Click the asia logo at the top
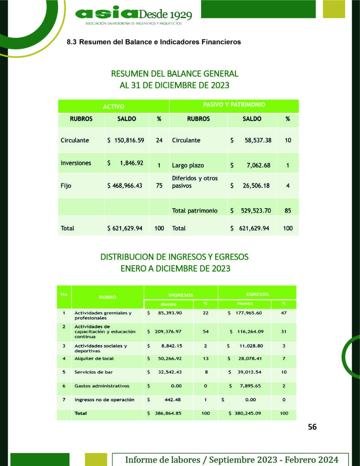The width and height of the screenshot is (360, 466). click(133, 15)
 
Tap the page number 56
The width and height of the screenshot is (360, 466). click(312, 427)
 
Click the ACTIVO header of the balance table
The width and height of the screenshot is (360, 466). click(113, 106)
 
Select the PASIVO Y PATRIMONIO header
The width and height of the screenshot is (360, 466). click(234, 105)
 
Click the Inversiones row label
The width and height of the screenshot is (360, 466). click(76, 163)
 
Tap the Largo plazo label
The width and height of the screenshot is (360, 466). click(188, 165)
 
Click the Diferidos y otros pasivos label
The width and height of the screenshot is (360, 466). click(195, 182)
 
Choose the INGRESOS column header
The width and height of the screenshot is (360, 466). click(181, 295)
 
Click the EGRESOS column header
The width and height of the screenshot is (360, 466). click(257, 294)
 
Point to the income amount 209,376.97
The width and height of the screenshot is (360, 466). click(168, 332)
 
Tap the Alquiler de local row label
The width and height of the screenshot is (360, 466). click(94, 359)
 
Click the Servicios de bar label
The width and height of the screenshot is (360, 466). click(94, 372)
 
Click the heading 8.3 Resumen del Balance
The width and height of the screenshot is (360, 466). click(153, 42)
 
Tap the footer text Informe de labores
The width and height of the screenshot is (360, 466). click(231, 460)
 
